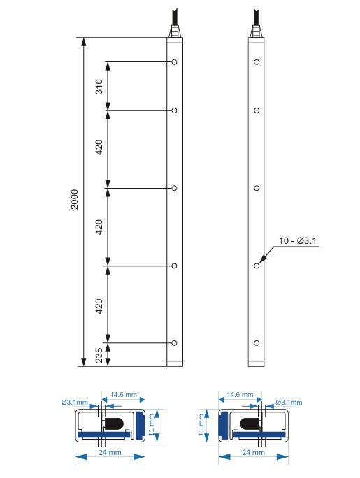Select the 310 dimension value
click(x=99, y=87)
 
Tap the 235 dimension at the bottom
click(x=99, y=354)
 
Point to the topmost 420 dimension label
click(x=99, y=148)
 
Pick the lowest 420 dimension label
click(x=99, y=305)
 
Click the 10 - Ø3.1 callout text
click(x=298, y=241)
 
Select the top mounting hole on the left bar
click(x=174, y=62)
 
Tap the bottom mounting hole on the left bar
click(x=174, y=342)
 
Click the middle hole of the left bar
click(x=174, y=188)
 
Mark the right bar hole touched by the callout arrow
click(x=257, y=266)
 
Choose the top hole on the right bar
click(x=257, y=62)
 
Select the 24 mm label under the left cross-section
click(x=108, y=454)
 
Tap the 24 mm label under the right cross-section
click(x=252, y=454)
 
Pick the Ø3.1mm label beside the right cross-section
click(x=289, y=403)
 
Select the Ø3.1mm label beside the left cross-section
click(x=75, y=403)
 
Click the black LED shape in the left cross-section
click(x=114, y=423)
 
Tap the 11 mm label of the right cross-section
click(x=203, y=423)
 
